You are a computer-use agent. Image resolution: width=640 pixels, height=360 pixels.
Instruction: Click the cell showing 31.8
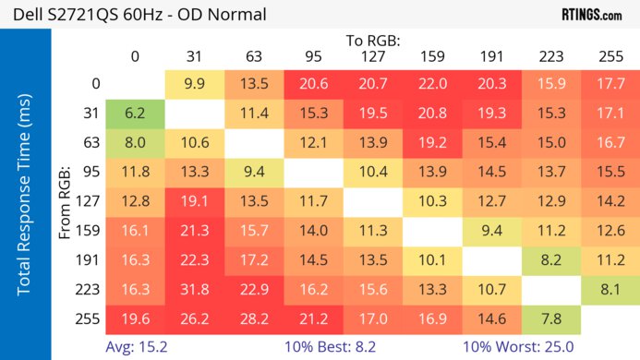click(x=194, y=289)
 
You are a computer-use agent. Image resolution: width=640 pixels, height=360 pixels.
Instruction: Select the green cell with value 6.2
click(x=135, y=113)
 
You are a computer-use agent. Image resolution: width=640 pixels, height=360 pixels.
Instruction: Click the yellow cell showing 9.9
click(x=194, y=83)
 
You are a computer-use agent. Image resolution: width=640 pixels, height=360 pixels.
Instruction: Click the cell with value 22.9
click(x=253, y=289)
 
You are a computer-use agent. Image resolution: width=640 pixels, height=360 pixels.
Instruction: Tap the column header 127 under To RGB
click(x=371, y=56)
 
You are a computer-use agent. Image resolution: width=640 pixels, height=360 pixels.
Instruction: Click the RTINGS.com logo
click(x=591, y=15)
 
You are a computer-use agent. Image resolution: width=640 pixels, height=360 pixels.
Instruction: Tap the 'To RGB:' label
click(x=373, y=41)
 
